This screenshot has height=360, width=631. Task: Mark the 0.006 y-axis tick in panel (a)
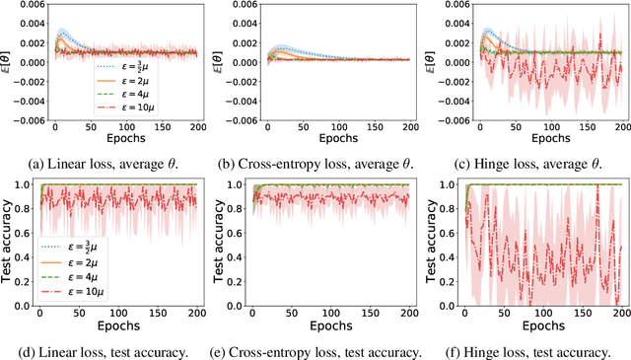coord(26,5)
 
